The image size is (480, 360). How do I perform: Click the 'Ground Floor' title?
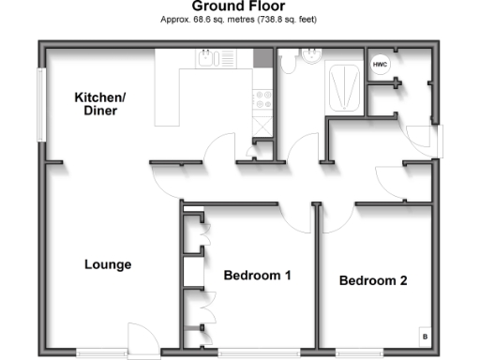tap(239, 7)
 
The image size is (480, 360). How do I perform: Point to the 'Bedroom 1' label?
tap(257, 276)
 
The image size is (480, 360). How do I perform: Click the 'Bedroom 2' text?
tap(373, 280)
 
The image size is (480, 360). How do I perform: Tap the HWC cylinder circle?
tap(380, 65)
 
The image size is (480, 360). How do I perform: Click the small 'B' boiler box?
tap(424, 336)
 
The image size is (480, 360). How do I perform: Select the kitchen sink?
tap(215, 59)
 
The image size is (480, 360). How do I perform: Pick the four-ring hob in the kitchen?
tap(262, 97)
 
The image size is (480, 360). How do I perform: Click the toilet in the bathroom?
tap(288, 63)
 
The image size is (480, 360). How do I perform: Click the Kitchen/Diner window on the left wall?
tap(40, 103)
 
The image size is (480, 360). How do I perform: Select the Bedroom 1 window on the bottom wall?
tap(259, 353)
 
